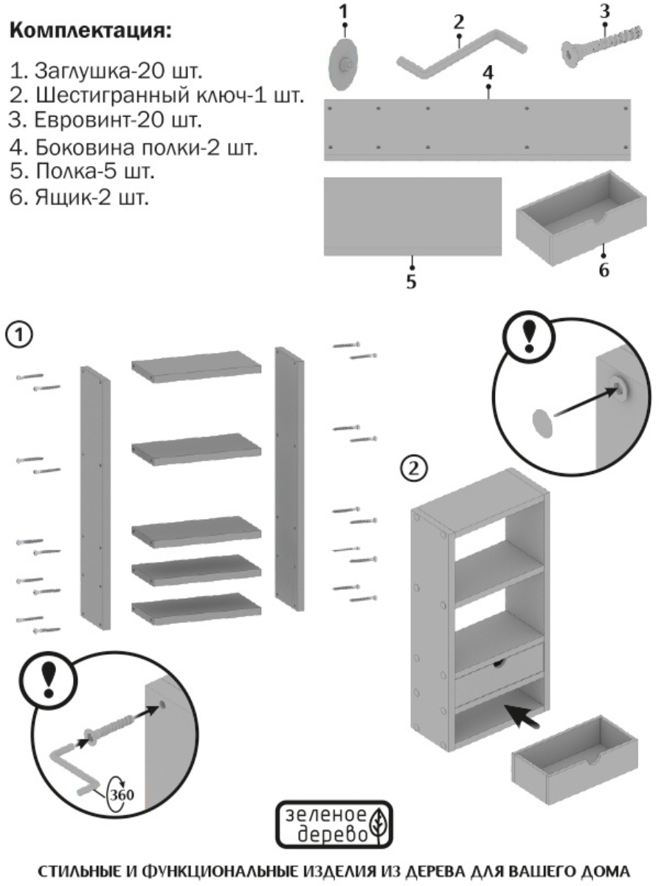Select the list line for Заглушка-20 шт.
tap(108, 72)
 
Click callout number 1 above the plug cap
tap(343, 11)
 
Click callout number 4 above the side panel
tap(488, 72)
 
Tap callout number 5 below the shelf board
tap(412, 281)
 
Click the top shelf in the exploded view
tap(197, 367)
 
